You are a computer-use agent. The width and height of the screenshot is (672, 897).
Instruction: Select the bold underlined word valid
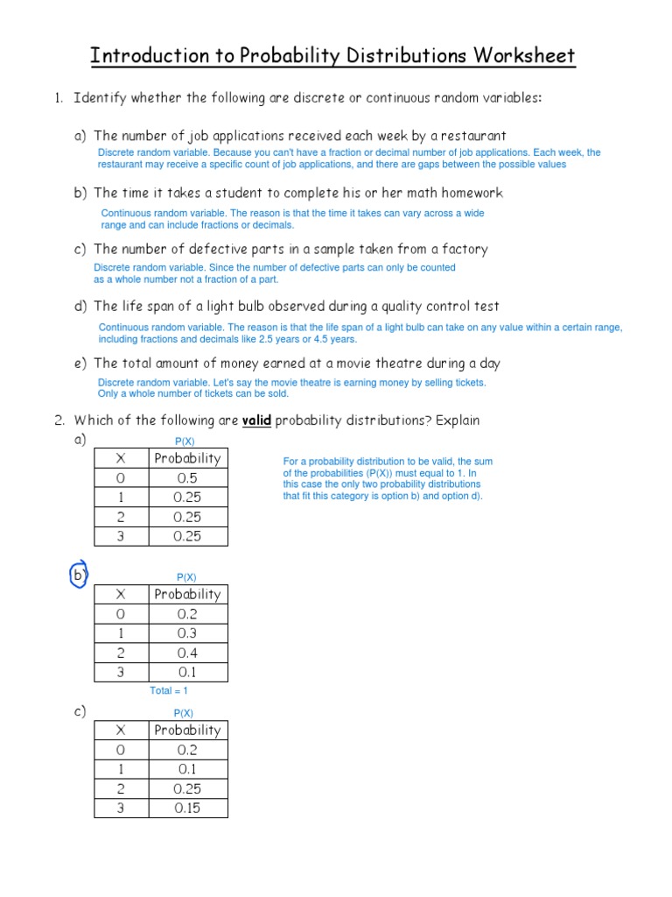click(x=256, y=420)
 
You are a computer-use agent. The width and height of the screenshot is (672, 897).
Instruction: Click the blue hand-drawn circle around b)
click(x=80, y=576)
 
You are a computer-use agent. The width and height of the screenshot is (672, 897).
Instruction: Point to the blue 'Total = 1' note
click(x=169, y=691)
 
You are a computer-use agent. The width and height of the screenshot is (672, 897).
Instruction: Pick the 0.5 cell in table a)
click(x=187, y=477)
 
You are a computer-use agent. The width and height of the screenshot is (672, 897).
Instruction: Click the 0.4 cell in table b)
click(x=187, y=653)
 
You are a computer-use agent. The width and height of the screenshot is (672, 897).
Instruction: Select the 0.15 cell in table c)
click(x=187, y=808)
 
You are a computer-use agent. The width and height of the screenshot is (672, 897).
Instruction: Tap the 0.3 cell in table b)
click(x=187, y=633)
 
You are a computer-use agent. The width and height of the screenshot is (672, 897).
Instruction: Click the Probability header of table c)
click(x=187, y=730)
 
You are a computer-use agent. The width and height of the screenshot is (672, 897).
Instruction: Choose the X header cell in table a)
click(x=121, y=458)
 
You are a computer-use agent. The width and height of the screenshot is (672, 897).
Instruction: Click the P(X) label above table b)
click(x=186, y=577)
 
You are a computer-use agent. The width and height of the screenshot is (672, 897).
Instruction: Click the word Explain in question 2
click(x=458, y=420)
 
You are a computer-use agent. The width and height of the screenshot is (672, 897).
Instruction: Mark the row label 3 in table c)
click(x=121, y=808)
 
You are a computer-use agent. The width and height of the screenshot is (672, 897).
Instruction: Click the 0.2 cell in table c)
click(x=187, y=750)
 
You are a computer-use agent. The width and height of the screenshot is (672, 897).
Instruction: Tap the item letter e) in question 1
click(x=80, y=364)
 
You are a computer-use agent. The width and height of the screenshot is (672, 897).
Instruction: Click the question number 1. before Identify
click(x=59, y=98)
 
